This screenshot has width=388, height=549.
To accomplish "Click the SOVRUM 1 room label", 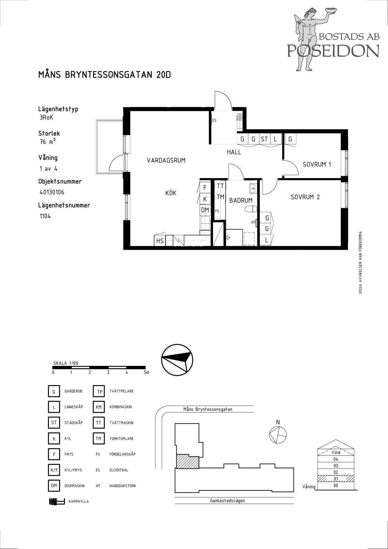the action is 317,164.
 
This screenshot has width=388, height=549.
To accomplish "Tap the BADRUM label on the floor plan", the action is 241,200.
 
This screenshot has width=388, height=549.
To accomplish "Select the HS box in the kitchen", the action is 160,241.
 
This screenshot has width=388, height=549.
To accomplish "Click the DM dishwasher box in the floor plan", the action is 205,210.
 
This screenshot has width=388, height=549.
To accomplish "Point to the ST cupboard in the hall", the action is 264,139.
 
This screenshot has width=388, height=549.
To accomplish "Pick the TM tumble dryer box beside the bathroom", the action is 220,197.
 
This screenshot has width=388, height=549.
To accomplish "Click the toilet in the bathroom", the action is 250,209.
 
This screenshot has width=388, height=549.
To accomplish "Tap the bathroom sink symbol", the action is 253,189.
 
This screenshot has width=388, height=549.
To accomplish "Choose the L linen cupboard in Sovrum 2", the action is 266,240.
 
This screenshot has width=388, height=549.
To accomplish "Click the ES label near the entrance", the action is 214,120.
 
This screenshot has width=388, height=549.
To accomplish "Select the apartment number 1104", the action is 45,216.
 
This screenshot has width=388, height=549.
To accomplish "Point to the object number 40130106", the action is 52,192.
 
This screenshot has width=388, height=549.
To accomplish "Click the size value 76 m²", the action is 48,142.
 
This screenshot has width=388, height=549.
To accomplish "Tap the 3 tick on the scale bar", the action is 108,372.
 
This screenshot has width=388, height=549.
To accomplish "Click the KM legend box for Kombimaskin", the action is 99,407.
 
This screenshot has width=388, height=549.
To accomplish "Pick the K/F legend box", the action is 54,470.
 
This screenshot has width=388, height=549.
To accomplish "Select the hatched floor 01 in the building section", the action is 336,479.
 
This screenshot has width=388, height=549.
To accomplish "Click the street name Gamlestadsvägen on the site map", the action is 227,500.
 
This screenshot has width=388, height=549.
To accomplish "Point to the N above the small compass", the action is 278,422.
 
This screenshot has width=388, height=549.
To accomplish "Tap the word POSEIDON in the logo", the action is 333,51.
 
